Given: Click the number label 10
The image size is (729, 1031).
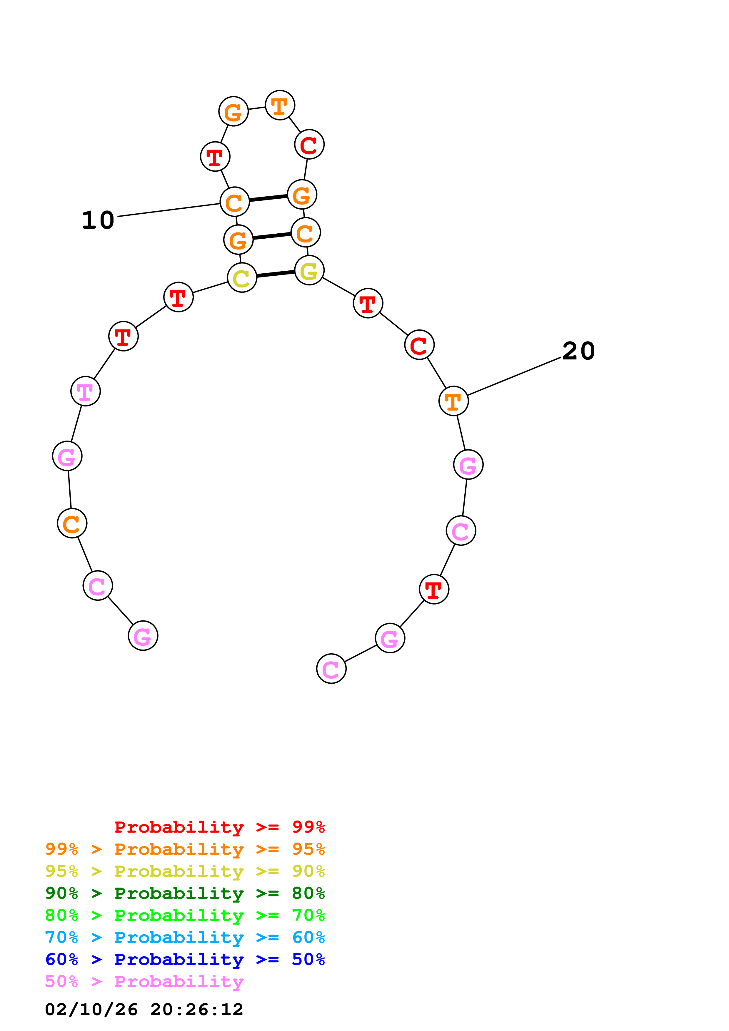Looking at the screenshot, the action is coord(98,220).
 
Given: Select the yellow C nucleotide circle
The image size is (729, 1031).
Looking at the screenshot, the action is coord(242,278).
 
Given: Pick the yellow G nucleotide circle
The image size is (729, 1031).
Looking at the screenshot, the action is coord(309,270).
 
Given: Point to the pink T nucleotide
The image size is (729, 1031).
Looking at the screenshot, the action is coord(85,391).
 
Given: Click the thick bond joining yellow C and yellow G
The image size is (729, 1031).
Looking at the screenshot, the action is coord(275,274).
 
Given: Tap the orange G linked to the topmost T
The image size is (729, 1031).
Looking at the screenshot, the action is coord(233,111).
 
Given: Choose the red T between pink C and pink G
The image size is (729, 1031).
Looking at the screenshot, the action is coord(434,590).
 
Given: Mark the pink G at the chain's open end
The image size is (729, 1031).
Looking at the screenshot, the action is coord(143,636).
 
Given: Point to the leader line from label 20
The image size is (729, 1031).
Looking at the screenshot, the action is coord(514,376).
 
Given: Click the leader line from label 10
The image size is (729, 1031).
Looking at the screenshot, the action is coord(169,210).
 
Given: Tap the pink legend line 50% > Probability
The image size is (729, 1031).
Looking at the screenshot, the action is coord(144,982).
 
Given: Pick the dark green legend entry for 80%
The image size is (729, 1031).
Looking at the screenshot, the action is coord(185,893).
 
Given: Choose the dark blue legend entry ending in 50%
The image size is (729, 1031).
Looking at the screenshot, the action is coord(185,960).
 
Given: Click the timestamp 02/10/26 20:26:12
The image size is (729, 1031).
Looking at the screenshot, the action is coord(144,1010).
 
